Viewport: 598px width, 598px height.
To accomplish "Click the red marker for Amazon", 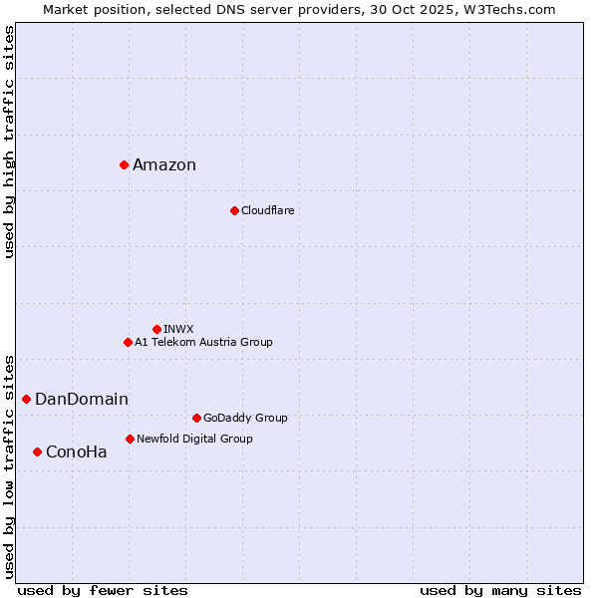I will point(124,164).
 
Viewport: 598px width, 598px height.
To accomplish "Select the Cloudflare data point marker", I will point(234,210).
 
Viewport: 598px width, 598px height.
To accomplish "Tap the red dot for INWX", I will point(156,329).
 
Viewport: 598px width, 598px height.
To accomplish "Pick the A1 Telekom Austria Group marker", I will point(128,342).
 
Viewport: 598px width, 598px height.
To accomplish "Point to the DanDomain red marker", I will point(26,399).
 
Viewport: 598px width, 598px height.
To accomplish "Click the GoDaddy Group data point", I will point(196,418).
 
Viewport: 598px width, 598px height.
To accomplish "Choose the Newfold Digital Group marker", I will point(130,439).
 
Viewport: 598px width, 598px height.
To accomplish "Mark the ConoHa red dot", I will point(37,451).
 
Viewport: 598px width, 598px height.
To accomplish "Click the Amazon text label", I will point(164,165).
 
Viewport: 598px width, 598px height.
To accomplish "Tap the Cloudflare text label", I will point(267,210).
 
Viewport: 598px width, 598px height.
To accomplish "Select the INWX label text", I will point(178,329).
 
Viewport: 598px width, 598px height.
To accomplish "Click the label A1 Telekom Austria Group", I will point(203,342).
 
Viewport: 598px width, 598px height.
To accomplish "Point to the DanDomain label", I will point(82,400).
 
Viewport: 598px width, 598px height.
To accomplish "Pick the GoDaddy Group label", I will point(245,418).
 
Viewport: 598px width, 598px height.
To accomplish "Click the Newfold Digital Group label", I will point(194,439).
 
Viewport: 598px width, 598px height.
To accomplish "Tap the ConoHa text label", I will point(77,452).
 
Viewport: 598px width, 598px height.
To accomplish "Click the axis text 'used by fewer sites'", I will point(103,590).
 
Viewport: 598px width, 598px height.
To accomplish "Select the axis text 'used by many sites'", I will point(500,590).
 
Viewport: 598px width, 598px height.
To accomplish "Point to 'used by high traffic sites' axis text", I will point(9,142).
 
